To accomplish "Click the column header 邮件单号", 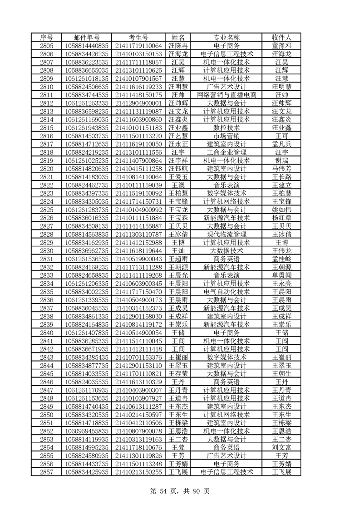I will (87, 37).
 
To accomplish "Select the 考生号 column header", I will (138, 37).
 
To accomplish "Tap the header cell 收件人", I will (281, 37).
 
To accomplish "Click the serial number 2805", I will (47, 45).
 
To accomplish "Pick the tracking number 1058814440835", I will (87, 45).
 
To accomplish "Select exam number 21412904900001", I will (138, 103).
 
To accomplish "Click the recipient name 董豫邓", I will (281, 45).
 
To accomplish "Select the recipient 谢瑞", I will (281, 160).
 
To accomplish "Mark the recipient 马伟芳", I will (281, 168).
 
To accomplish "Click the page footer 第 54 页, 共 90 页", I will (180, 490).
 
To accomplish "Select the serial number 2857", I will (47, 472).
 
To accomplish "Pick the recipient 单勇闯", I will (281, 275).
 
